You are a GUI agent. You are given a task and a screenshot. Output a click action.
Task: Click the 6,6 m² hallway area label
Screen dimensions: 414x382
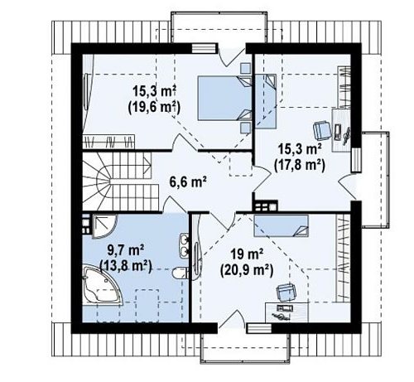(x=188, y=181)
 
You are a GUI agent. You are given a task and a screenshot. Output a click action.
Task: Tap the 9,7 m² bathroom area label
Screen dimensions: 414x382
(x=125, y=251)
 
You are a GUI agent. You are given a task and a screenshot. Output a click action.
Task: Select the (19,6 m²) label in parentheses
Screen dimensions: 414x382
(x=154, y=107)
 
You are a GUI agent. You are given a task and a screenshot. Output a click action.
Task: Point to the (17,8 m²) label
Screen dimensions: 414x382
(x=299, y=166)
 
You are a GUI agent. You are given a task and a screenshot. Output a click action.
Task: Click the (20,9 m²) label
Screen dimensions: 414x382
(x=247, y=270)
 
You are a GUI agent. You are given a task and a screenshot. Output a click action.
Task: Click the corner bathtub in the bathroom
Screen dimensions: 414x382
(x=102, y=286)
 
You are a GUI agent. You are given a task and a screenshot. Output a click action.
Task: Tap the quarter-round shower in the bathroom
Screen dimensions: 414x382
(x=104, y=226)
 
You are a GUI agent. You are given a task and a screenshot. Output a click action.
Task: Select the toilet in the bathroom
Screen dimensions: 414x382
(x=181, y=273)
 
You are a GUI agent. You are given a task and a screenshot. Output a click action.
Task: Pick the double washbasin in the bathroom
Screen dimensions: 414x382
(x=184, y=245)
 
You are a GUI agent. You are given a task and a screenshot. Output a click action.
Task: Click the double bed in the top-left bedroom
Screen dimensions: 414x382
(x=224, y=98)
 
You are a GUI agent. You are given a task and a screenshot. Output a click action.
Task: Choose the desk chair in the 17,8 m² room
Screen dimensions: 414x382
(x=322, y=130)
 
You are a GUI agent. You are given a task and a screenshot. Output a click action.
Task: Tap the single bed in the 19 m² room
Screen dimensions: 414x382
(x=281, y=225)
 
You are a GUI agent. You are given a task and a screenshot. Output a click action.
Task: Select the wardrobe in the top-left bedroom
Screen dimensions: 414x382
(x=108, y=142)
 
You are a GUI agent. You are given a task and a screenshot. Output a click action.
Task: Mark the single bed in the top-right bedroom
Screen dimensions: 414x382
(x=266, y=101)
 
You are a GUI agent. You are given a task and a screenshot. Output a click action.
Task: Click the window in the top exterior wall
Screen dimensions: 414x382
(x=203, y=48)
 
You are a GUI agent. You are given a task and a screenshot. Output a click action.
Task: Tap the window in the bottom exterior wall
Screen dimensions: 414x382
(x=259, y=328)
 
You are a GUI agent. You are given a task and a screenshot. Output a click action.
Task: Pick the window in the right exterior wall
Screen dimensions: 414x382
(x=356, y=160)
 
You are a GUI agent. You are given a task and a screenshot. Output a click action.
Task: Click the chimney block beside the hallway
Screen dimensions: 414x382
(x=266, y=206)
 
